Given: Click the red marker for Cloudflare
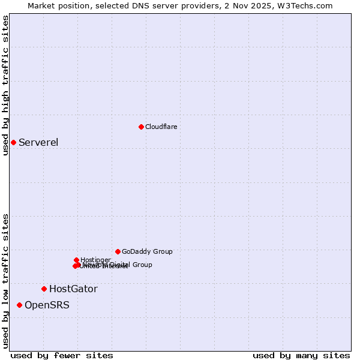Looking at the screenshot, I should coord(141,127).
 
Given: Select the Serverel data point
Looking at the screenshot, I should coord(13,142).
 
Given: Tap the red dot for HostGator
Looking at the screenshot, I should coord(44,289).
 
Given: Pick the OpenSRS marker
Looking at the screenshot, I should coord(19,305).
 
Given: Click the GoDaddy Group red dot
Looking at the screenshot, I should coord(118,251).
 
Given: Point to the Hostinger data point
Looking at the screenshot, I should coord(76,260).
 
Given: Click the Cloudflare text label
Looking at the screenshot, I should coord(161,127).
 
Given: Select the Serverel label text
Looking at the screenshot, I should coord(38,142).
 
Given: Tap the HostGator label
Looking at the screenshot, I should coord(73,289).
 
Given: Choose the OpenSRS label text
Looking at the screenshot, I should coord(47,305).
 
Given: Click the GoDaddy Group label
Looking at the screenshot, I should coord(147,251).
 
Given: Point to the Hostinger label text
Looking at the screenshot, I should coord(95,260).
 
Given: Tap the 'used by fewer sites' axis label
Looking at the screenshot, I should coord(62,355).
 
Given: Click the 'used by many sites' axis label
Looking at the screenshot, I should coord(301,355).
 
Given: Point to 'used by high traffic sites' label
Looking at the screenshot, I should coord(5,85).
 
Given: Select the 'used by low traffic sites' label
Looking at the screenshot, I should coord(5,280).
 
